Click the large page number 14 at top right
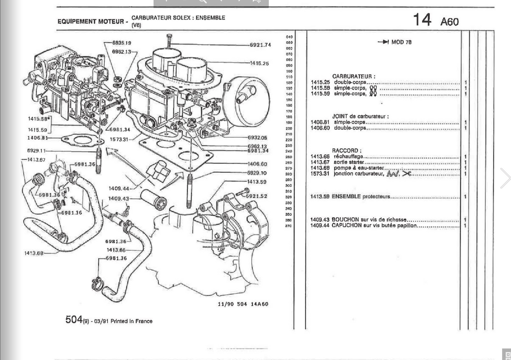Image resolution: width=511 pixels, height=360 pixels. [422, 20]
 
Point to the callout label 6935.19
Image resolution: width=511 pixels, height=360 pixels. [122, 43]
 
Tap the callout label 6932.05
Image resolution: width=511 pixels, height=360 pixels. [257, 138]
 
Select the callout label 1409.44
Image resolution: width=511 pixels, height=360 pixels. [119, 188]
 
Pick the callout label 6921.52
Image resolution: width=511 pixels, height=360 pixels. [256, 196]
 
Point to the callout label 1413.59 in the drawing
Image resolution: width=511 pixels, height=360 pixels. [257, 182]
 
